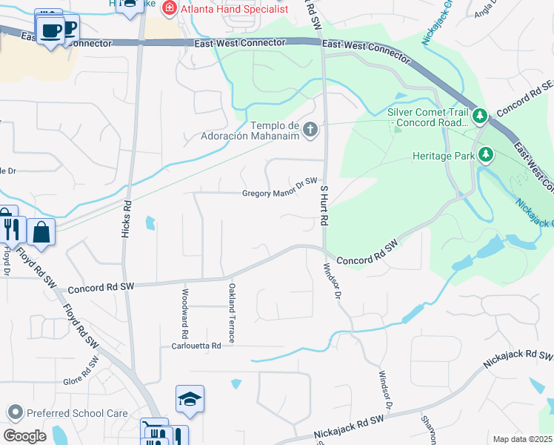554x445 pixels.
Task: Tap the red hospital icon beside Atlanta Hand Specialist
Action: (x=170, y=8)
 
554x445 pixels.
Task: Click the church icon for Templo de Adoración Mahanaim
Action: (x=310, y=130)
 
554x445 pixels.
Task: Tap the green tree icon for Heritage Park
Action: (x=486, y=155)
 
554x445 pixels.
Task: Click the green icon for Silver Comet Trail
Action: (x=480, y=116)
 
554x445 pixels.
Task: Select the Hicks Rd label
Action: (x=125, y=218)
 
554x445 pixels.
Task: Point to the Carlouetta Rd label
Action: (x=196, y=346)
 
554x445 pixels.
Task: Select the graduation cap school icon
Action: (x=190, y=400)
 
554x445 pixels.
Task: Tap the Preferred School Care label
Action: (x=77, y=414)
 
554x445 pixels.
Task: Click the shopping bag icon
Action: (x=41, y=231)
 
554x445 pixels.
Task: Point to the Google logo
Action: (x=24, y=435)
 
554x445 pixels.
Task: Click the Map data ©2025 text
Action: (x=522, y=439)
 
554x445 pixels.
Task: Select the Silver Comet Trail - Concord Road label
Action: (x=428, y=117)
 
